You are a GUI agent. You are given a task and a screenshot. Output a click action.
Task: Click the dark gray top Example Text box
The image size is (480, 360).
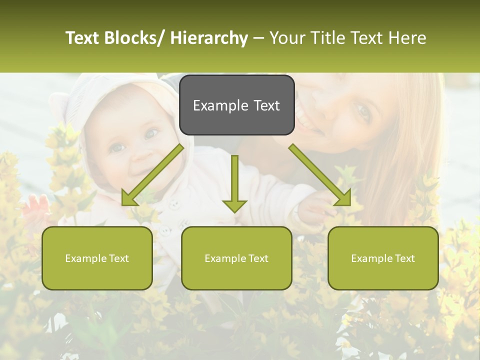[236, 105]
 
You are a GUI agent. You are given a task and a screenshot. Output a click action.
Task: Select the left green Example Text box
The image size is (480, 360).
[97, 258]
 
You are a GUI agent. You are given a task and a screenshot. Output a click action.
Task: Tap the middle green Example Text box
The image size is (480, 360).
[236, 258]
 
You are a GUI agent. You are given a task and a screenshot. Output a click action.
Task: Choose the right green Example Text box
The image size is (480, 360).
[383, 258]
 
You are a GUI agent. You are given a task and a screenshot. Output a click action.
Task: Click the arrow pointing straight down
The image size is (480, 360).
[234, 185]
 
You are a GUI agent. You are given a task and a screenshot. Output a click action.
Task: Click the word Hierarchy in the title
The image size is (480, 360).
[209, 38]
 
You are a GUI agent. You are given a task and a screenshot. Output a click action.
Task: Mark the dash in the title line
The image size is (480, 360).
[258, 38]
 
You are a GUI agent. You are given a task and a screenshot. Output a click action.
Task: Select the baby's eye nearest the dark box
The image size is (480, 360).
[151, 134]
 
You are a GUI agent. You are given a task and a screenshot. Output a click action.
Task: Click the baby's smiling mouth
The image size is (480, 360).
[138, 164]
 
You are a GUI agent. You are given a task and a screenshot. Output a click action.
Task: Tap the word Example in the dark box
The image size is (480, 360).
[214, 105]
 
